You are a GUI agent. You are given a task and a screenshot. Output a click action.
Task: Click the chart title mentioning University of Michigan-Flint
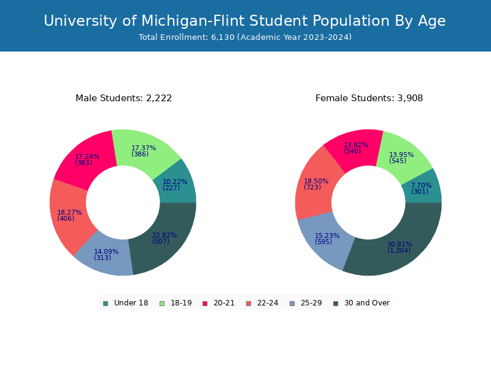(x=245, y=21)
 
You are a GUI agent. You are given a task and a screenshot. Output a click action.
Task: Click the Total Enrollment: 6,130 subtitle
(x=245, y=37)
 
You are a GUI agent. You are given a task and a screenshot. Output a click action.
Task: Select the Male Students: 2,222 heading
(x=123, y=98)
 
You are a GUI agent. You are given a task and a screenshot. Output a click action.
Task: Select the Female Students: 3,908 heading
(x=369, y=98)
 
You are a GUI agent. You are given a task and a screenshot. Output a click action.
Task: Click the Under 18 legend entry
(x=125, y=303)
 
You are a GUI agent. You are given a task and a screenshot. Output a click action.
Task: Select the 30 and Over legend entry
(x=361, y=303)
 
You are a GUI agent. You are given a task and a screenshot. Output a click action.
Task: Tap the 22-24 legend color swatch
(x=249, y=303)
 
